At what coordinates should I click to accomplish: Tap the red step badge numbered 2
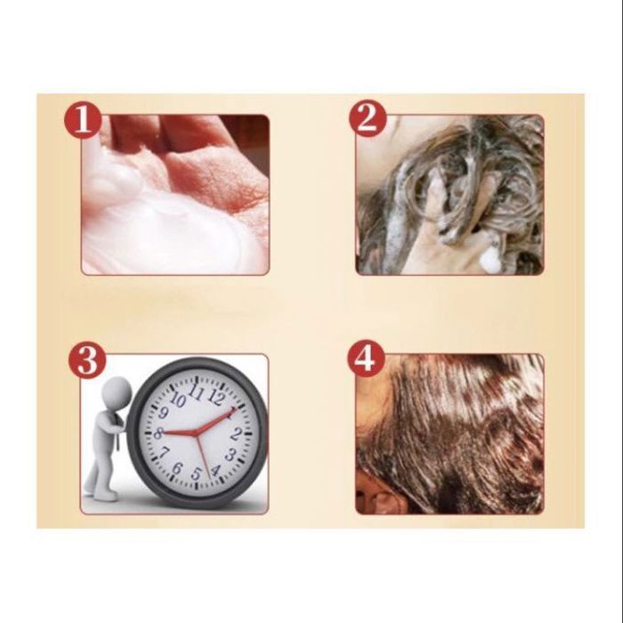pos(368,118)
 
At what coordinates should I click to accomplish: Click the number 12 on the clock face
pos(216,397)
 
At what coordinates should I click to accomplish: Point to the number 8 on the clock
pos(158,433)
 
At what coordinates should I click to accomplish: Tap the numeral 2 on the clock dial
pos(236,434)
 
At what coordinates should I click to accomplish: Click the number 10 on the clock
pos(178,400)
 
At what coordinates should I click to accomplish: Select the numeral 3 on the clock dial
pos(231,454)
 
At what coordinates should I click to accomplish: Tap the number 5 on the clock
pos(197,473)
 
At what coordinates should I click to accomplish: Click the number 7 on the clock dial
pos(163,453)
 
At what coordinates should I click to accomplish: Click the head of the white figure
pos(117,392)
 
